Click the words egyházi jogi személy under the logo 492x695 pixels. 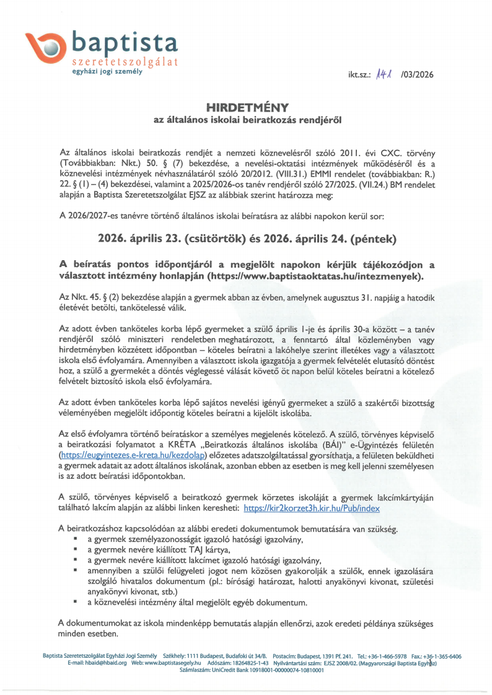pos(107,72)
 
